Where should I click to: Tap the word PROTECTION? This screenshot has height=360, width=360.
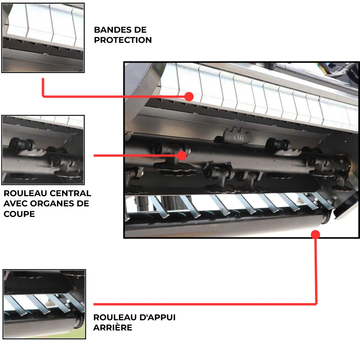pos(123,40)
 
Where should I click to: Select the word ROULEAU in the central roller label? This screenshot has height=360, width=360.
pos(25,193)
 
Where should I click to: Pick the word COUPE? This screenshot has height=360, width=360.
pos(19,214)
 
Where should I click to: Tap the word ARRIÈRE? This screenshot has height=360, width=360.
pos(113,328)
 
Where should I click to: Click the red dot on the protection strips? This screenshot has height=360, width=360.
pos(189,97)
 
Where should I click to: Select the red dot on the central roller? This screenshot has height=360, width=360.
pos(182,155)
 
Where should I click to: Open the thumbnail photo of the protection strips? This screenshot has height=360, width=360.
pos(43,38)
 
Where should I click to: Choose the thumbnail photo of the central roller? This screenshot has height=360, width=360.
pos(43,150)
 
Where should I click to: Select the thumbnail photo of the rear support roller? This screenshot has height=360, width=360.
pos(44,304)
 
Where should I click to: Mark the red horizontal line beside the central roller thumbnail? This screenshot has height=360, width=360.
pos(138,155)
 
